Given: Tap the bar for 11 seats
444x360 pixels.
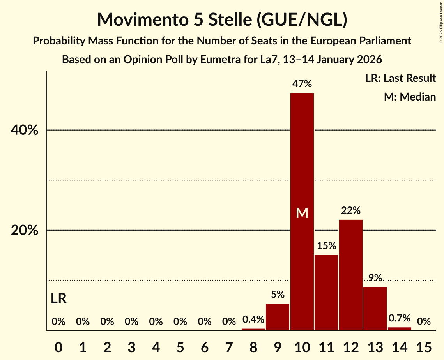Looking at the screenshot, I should [326, 292].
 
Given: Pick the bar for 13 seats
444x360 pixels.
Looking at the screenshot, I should [375, 308].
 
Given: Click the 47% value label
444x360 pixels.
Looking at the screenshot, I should [302, 84].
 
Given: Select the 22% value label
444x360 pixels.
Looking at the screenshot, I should [351, 211].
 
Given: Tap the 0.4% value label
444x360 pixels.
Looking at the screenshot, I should [253, 319].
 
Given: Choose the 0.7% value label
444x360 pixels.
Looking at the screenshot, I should [400, 318].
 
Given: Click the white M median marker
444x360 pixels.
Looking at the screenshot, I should [302, 213].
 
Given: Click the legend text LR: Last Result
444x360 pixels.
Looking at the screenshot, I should [400, 78].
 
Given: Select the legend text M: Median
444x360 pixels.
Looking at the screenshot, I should [410, 97].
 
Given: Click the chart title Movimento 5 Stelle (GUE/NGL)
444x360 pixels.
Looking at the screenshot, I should [222, 19].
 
